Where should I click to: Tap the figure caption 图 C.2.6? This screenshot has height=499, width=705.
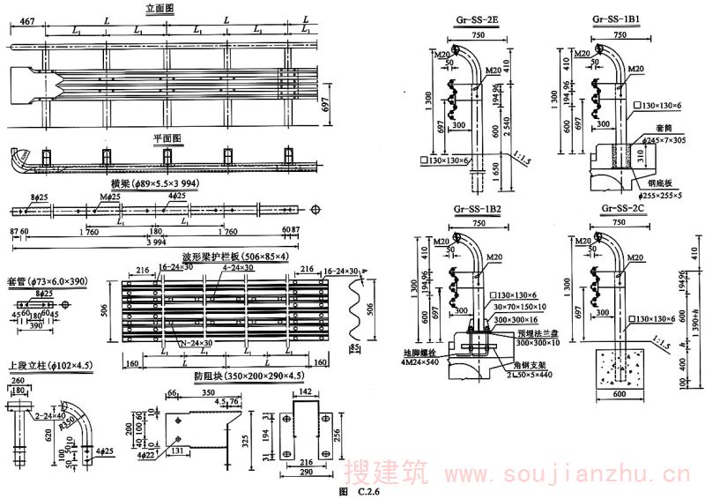click(x=359, y=490)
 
